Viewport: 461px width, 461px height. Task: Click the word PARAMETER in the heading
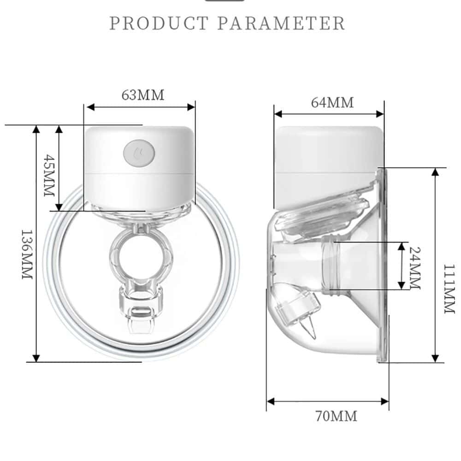coord(281,23)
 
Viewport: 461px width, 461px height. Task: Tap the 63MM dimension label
coord(143,95)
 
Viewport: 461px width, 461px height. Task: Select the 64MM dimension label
coord(332,102)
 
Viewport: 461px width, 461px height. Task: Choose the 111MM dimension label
coord(449,289)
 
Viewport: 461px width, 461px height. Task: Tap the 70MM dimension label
coord(336,416)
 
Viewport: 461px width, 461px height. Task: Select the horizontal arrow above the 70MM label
coord(328,402)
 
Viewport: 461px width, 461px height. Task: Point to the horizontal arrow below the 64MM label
coord(329,114)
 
